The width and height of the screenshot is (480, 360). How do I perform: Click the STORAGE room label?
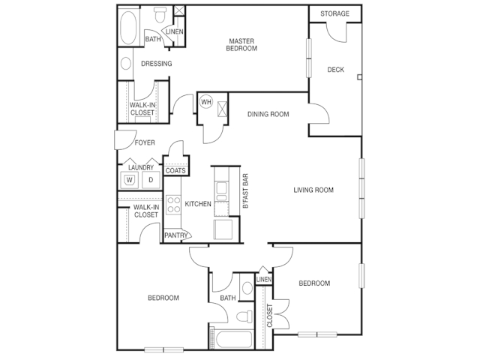(334, 13)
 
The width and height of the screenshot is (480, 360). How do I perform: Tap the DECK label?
(336, 70)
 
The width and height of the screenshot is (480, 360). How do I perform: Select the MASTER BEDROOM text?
(241, 45)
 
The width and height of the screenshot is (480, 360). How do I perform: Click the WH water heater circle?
(206, 102)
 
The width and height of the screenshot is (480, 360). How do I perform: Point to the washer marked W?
(130, 180)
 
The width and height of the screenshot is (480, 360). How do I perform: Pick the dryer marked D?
(151, 180)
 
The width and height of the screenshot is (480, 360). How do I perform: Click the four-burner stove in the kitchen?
(173, 205)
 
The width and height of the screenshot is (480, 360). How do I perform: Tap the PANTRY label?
(175, 235)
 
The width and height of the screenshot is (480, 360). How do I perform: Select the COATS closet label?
(175, 170)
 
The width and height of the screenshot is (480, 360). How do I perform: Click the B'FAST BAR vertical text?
(245, 191)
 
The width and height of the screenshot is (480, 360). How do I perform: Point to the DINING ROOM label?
(268, 114)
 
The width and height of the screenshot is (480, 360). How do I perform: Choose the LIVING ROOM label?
(313, 190)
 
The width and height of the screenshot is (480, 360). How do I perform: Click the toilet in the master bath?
(160, 15)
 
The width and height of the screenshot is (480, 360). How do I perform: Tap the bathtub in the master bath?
(128, 28)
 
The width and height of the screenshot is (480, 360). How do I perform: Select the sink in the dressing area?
(126, 64)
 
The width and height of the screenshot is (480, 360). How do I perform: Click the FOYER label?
(145, 142)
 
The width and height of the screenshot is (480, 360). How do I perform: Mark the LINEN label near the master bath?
(175, 31)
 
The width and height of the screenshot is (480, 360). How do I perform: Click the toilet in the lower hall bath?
(244, 316)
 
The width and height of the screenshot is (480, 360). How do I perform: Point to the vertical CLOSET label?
(270, 316)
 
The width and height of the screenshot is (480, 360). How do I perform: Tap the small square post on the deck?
(360, 77)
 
